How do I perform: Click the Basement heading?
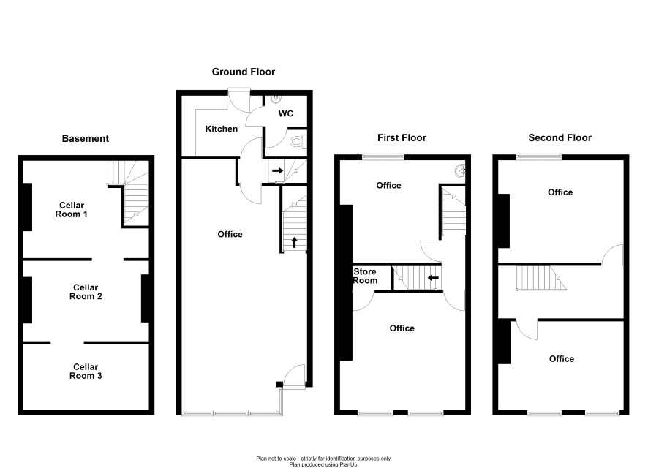pos(85,138)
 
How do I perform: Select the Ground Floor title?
pos(244,72)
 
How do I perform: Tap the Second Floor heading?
pos(560,137)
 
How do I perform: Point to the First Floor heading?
pos(402,137)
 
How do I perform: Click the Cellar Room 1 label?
pos(72,209)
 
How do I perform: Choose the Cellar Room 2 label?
pos(86,292)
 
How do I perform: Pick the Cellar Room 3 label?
pos(86,371)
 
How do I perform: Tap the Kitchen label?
pos(222,129)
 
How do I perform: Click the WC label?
pos(285,113)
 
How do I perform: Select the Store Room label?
pos(365,276)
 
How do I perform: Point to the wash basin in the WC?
pos(276,99)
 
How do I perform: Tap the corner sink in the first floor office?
pos(460,170)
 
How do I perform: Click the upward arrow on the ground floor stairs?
pos(294,243)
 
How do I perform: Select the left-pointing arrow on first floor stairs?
pos(433,278)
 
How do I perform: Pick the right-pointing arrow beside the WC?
pos(278,170)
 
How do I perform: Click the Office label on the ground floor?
pos(230,234)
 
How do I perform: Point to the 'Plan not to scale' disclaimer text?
pos(323,459)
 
